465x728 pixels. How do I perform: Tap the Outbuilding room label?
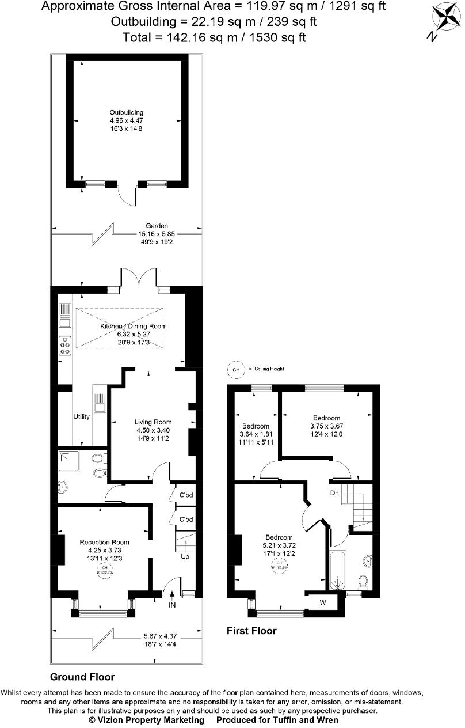[127, 112]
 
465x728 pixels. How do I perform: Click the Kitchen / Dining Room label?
[134, 326]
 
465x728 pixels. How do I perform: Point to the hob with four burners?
[64, 344]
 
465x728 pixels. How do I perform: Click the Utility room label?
[81, 416]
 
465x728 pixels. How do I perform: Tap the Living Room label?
[153, 422]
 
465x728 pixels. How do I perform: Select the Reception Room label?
[104, 542]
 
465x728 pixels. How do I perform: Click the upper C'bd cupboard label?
[186, 495]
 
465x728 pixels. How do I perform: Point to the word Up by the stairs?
[185, 557]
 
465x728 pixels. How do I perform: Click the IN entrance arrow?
[172, 602]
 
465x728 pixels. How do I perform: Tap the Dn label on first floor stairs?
[334, 493]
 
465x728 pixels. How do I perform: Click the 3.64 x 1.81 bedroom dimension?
[255, 434]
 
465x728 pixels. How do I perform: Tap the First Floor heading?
[251, 631]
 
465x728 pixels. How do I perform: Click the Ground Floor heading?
[82, 677]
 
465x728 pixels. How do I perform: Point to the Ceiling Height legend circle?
[235, 369]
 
